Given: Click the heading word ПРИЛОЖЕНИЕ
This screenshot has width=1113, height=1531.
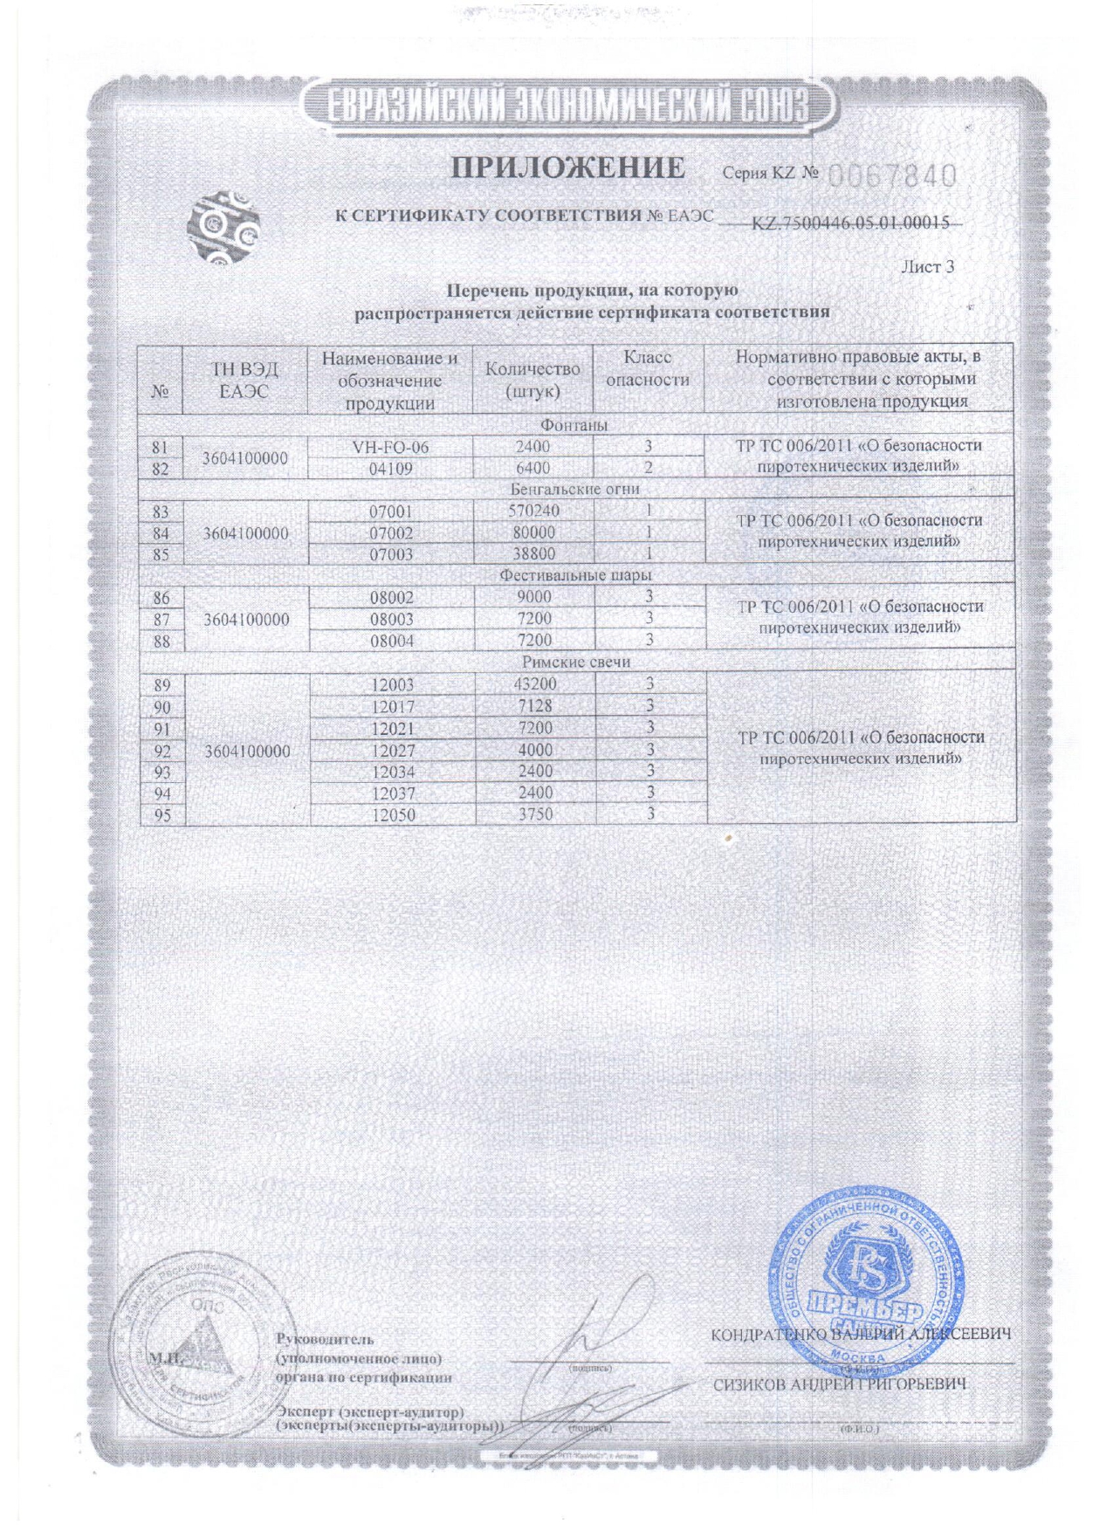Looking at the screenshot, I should (x=567, y=168).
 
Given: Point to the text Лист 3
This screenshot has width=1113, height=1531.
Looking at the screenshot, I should (x=927, y=267).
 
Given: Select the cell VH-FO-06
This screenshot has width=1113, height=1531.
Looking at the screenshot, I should (x=390, y=447).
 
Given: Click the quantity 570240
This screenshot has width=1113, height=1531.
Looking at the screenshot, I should (x=533, y=511).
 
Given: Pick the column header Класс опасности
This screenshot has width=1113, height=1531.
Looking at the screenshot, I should (x=648, y=368).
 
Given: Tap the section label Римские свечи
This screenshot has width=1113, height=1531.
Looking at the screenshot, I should (x=576, y=663).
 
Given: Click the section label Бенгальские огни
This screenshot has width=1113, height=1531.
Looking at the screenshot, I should (x=575, y=490).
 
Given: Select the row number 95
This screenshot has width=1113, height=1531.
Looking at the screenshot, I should (x=161, y=815).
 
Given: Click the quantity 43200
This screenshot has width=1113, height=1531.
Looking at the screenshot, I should (x=533, y=684).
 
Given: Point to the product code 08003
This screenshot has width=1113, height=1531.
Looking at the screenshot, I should (x=392, y=620).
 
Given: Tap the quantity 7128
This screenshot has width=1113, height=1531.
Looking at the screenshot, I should (x=533, y=706).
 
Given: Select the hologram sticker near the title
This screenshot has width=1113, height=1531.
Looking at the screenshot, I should (x=223, y=228).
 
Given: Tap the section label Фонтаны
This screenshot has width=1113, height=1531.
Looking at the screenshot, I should (x=574, y=425).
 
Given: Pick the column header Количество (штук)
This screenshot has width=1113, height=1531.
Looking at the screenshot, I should (x=532, y=380).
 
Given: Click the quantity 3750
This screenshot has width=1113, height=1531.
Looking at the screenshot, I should (x=533, y=814).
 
